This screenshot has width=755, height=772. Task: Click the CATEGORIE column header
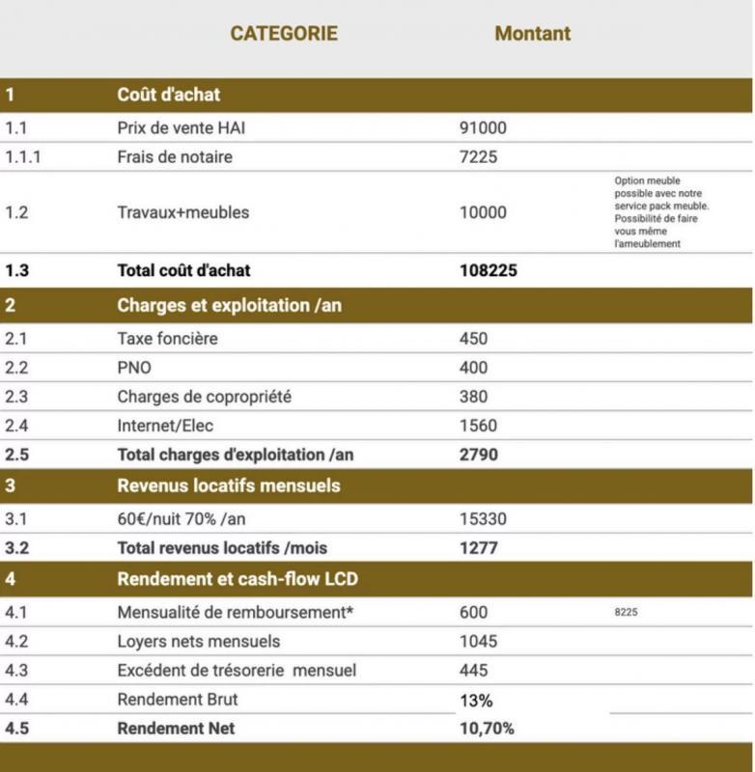pyautogui.click(x=283, y=34)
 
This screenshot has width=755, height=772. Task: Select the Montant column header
pyautogui.click(x=532, y=34)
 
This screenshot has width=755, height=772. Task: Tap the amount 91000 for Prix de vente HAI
pyautogui.click(x=483, y=127)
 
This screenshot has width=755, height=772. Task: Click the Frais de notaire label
pyautogui.click(x=175, y=156)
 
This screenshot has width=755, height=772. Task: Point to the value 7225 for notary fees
pyautogui.click(x=478, y=156)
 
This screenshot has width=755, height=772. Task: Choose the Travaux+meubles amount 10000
pyautogui.click(x=483, y=212)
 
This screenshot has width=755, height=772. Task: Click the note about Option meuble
pyautogui.click(x=661, y=212)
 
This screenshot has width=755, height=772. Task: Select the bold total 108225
pyautogui.click(x=488, y=271)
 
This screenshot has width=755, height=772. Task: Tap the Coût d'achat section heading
pyautogui.click(x=168, y=95)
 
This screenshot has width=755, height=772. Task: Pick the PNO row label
pyautogui.click(x=134, y=368)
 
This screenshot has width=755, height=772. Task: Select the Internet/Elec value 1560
pyautogui.click(x=478, y=426)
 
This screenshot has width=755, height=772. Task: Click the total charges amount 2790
pyautogui.click(x=478, y=454)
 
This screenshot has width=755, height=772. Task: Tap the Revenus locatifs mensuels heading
pyautogui.click(x=228, y=485)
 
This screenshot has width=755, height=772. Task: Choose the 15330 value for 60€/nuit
pyautogui.click(x=483, y=519)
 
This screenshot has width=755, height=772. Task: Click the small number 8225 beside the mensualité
pyautogui.click(x=626, y=612)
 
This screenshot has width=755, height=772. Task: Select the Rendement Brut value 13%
pyautogui.click(x=475, y=700)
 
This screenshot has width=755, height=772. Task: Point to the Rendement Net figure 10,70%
pyautogui.click(x=487, y=729)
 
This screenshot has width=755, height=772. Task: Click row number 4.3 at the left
pyautogui.click(x=15, y=671)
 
